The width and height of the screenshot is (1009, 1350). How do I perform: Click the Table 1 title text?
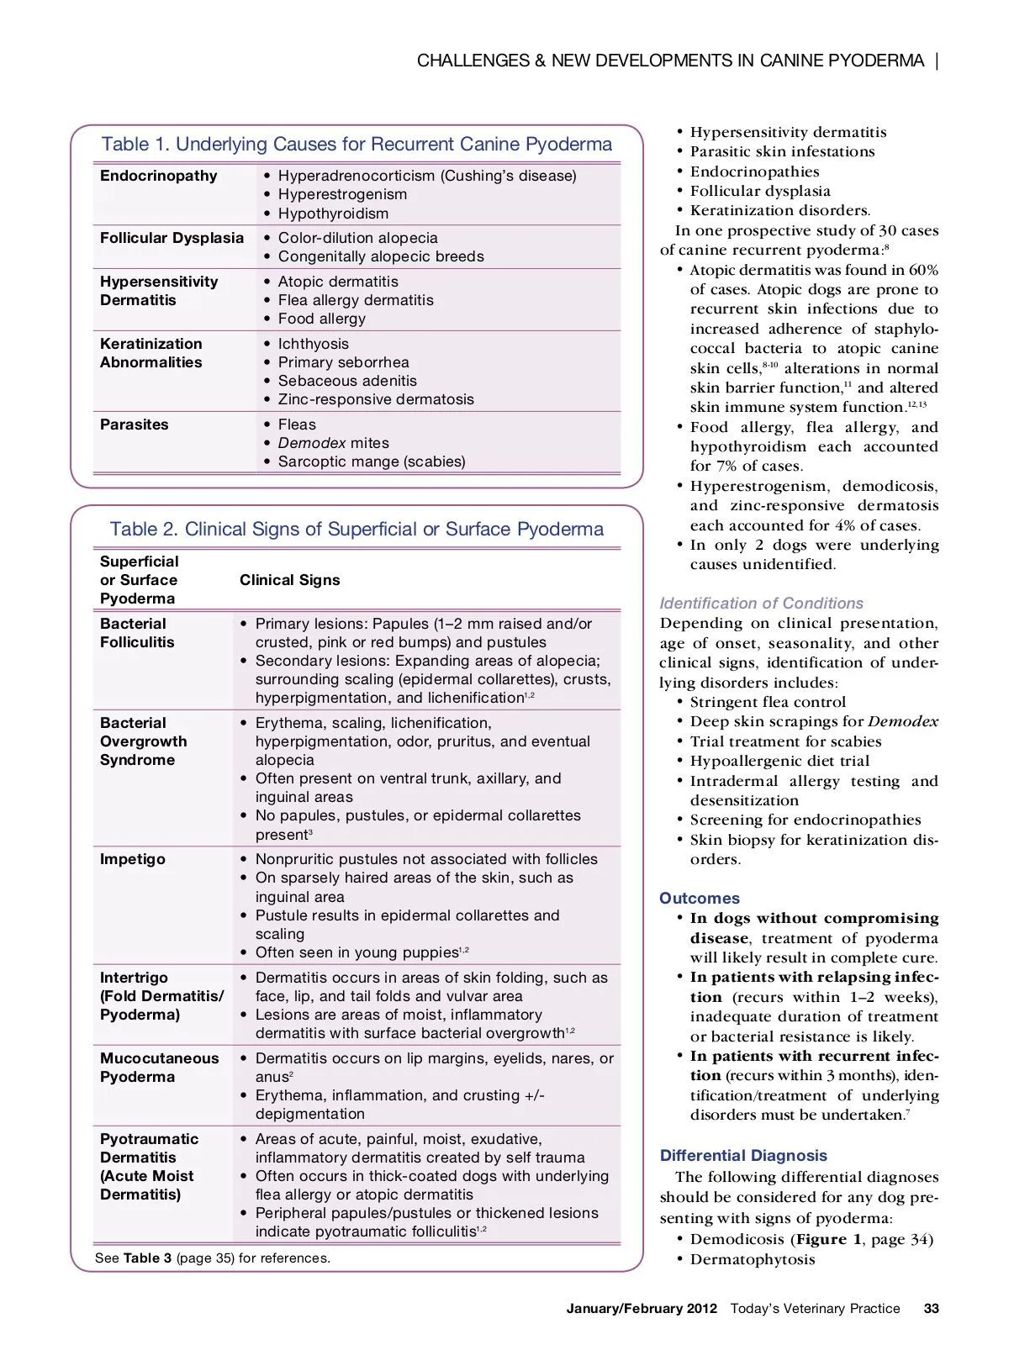click(x=357, y=145)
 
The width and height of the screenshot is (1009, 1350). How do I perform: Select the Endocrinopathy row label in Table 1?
click(x=158, y=176)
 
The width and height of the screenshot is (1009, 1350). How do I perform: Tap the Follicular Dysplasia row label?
click(x=172, y=238)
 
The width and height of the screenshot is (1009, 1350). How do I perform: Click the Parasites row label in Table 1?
click(x=134, y=425)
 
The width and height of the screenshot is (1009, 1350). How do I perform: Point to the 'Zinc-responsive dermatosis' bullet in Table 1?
click(x=376, y=399)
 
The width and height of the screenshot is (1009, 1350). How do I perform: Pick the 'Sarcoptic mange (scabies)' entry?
click(x=372, y=461)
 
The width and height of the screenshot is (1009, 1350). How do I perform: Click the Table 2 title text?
click(x=357, y=530)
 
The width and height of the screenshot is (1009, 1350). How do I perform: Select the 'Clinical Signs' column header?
click(x=289, y=580)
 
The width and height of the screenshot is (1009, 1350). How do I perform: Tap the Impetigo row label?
click(x=132, y=859)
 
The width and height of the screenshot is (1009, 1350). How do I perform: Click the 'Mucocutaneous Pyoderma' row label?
click(x=159, y=1068)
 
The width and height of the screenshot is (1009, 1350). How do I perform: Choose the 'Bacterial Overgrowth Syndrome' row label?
click(x=143, y=741)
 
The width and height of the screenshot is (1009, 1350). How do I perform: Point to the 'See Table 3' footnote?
click(x=212, y=1258)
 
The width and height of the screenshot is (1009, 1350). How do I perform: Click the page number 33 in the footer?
click(x=931, y=1309)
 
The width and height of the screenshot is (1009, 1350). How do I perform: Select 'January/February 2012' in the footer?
click(x=642, y=1309)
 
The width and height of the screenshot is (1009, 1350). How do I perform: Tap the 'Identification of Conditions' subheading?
click(x=761, y=604)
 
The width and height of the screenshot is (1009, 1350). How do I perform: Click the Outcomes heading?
click(x=700, y=899)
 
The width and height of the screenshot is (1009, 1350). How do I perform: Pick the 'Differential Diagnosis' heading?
click(x=743, y=1156)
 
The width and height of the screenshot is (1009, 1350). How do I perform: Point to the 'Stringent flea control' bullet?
click(x=768, y=702)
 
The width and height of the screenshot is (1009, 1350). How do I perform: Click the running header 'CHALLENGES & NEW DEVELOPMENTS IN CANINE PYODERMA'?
click(x=670, y=61)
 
